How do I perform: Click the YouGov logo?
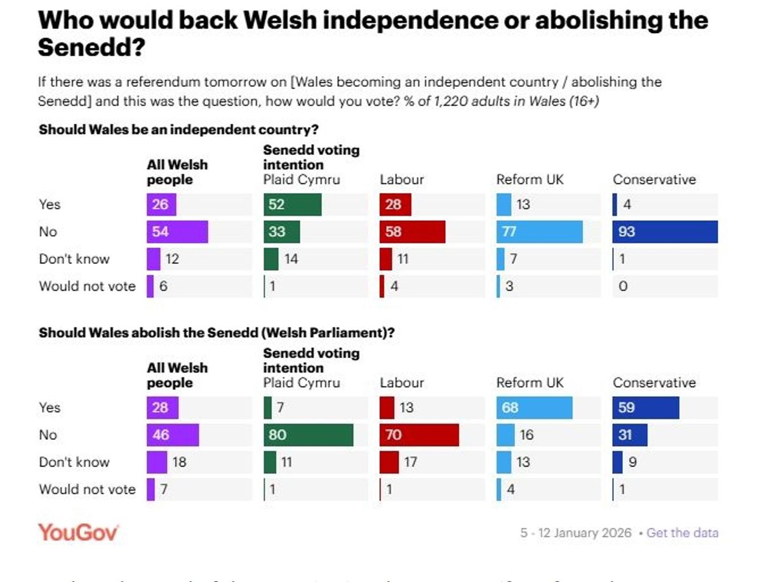pos(78,532)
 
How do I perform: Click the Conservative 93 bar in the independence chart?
pos(665,232)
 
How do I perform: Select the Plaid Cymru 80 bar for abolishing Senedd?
pos(309,435)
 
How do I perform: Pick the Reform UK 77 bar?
pos(539,232)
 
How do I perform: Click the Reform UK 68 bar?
pos(534,407)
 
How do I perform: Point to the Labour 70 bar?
pos(419,435)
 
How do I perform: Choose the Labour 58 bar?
pos(412,232)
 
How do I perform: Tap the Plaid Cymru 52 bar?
pos(292,204)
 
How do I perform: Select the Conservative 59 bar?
pos(646,407)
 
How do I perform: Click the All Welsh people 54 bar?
pos(177,232)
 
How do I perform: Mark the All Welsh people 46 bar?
pos(173,435)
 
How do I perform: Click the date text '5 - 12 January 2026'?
pos(576,532)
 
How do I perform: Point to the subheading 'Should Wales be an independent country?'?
pos(178,129)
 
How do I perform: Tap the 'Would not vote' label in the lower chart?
pos(87,489)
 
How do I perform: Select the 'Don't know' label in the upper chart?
pos(74,259)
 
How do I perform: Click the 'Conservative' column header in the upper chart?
pos(654,180)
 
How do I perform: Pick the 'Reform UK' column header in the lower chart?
pos(530,383)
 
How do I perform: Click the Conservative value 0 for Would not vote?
pos(623,286)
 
